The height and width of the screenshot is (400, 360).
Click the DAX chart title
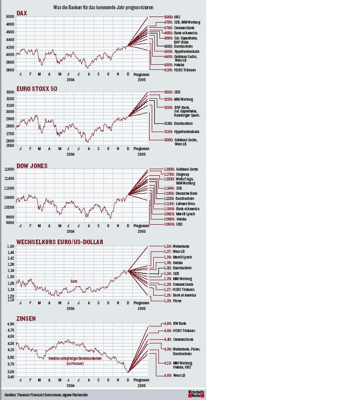click(22, 12)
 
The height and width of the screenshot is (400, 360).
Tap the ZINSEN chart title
click(26, 318)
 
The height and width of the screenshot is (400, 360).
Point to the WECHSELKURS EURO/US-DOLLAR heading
click(60, 242)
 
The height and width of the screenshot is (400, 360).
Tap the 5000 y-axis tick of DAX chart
click(10, 17)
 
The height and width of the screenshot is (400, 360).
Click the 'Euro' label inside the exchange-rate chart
click(74, 281)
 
